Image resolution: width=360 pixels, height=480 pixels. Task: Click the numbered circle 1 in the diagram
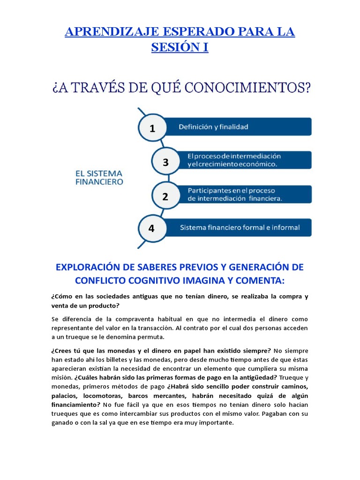coord(152,128)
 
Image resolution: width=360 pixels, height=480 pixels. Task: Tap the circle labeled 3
coord(165,162)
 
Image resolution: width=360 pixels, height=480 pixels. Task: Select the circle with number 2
coord(165,196)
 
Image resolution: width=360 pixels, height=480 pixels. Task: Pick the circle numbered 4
coord(151,228)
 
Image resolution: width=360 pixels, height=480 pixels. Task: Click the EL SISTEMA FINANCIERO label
coord(99,177)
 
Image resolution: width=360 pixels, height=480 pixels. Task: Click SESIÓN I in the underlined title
coord(180,47)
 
